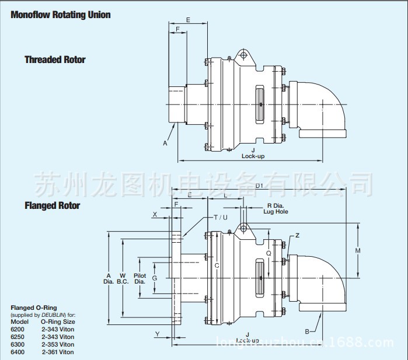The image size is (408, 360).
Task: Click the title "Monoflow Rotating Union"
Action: [x=61, y=15]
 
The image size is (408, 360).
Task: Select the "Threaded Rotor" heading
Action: [x=55, y=60]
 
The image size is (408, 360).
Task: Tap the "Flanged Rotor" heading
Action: [x=53, y=205]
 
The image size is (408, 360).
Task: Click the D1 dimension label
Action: [x=260, y=186]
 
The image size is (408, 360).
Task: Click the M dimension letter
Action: [x=358, y=250]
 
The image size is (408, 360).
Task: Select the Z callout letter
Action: [x=297, y=235]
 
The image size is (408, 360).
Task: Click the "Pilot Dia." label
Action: [x=140, y=278]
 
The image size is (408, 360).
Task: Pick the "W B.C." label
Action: [x=123, y=278]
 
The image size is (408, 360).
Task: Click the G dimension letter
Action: [x=155, y=278]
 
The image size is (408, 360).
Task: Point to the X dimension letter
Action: [x=155, y=215]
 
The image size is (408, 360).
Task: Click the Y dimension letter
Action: [x=157, y=334]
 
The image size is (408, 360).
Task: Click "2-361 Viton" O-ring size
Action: [x=57, y=352]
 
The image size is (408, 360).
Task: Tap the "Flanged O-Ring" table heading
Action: [x=34, y=307]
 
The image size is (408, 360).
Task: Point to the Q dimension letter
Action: [x=268, y=254]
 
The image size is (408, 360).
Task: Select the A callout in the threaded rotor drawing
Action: [x=165, y=142]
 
